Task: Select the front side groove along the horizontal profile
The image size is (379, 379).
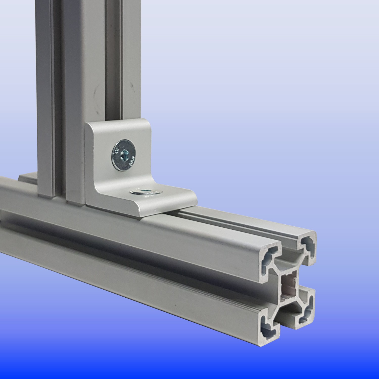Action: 126,246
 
